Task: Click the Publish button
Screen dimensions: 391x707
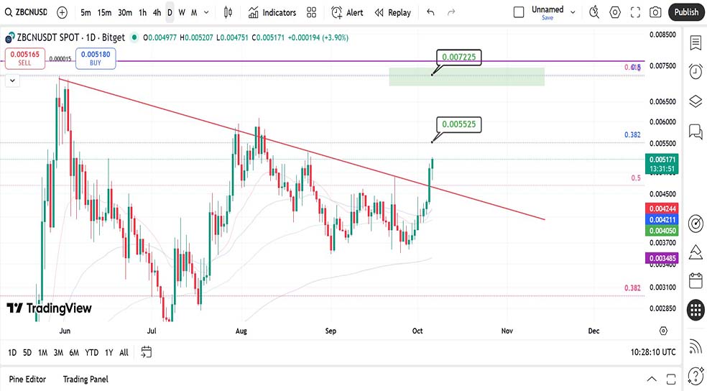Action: pos(686,12)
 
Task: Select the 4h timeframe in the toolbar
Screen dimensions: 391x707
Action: pos(157,12)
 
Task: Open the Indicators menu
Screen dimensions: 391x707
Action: pos(272,12)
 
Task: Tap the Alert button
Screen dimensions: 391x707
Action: pos(347,12)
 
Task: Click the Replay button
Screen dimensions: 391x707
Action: pos(392,12)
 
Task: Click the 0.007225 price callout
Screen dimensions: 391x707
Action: pos(458,57)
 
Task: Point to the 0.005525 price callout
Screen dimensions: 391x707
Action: pos(458,124)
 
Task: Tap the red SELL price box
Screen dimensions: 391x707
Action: pos(25,58)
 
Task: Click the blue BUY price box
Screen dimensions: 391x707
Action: pos(96,58)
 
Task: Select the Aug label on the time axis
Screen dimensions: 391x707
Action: pos(241,331)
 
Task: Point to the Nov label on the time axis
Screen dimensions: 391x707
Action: pos(507,331)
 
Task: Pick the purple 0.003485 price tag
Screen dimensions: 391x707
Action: pos(662,257)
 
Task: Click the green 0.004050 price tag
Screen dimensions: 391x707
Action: pos(662,231)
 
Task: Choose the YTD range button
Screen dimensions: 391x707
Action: pos(91,352)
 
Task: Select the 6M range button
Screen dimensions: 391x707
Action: pos(74,352)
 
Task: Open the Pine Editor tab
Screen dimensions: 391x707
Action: pos(27,379)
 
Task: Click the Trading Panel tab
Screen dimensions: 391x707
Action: pos(86,379)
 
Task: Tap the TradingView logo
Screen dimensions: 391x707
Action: pos(50,308)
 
